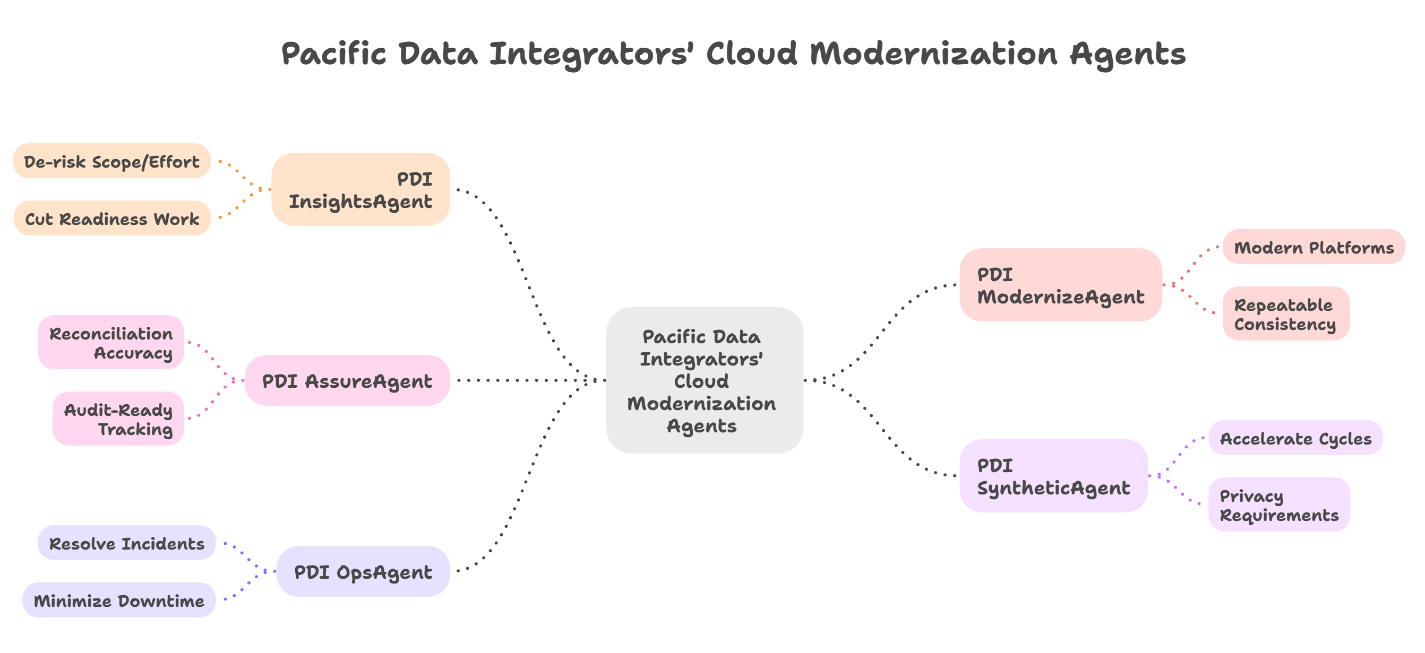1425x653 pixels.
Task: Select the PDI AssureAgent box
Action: click(347, 380)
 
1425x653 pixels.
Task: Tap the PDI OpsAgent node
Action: click(363, 571)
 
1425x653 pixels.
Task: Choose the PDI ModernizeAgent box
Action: click(1060, 285)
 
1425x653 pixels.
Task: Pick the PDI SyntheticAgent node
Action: click(1053, 475)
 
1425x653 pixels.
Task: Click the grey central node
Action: click(703, 380)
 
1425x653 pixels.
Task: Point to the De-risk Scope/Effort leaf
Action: click(111, 161)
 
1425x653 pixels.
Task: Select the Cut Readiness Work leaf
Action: click(111, 219)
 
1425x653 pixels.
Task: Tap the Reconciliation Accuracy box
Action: click(110, 342)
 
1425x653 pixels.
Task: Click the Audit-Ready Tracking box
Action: click(118, 419)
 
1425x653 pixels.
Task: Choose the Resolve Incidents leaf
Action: click(126, 543)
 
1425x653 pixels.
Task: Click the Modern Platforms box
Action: click(1314, 247)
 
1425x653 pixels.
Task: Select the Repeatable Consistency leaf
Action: click(1285, 314)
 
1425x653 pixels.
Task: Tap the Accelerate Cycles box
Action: click(1295, 438)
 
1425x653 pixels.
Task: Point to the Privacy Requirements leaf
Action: click(1278, 504)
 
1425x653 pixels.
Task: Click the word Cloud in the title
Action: click(751, 54)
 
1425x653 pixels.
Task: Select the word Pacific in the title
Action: click(333, 54)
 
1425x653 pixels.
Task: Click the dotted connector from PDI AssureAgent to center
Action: click(526, 380)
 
